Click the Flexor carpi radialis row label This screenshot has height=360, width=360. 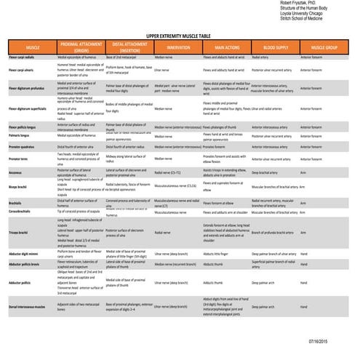pos(22,55)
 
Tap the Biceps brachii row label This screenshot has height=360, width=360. pos(20,187)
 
